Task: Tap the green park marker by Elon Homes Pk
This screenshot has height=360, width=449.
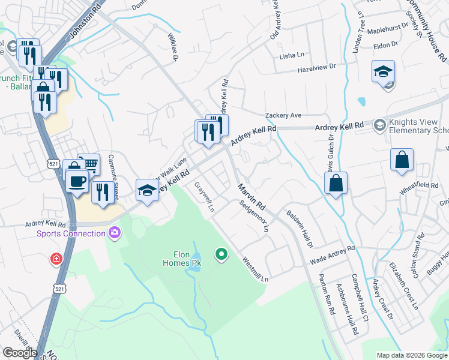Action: [x=221, y=254]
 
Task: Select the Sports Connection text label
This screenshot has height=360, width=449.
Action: [x=71, y=233]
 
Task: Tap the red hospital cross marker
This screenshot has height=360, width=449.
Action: [x=56, y=260]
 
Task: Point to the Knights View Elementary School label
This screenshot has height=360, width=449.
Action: [x=419, y=126]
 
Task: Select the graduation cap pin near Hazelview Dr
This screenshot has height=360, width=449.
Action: [x=383, y=72]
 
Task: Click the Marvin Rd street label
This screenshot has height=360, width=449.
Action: [x=251, y=197]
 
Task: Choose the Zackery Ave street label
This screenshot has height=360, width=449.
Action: [x=283, y=115]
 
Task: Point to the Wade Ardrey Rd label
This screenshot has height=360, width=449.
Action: [x=333, y=255]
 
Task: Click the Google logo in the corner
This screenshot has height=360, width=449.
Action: [x=19, y=353]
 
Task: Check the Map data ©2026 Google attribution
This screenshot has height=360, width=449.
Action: [x=412, y=355]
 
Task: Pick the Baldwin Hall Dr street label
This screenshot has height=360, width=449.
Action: [x=300, y=229]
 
